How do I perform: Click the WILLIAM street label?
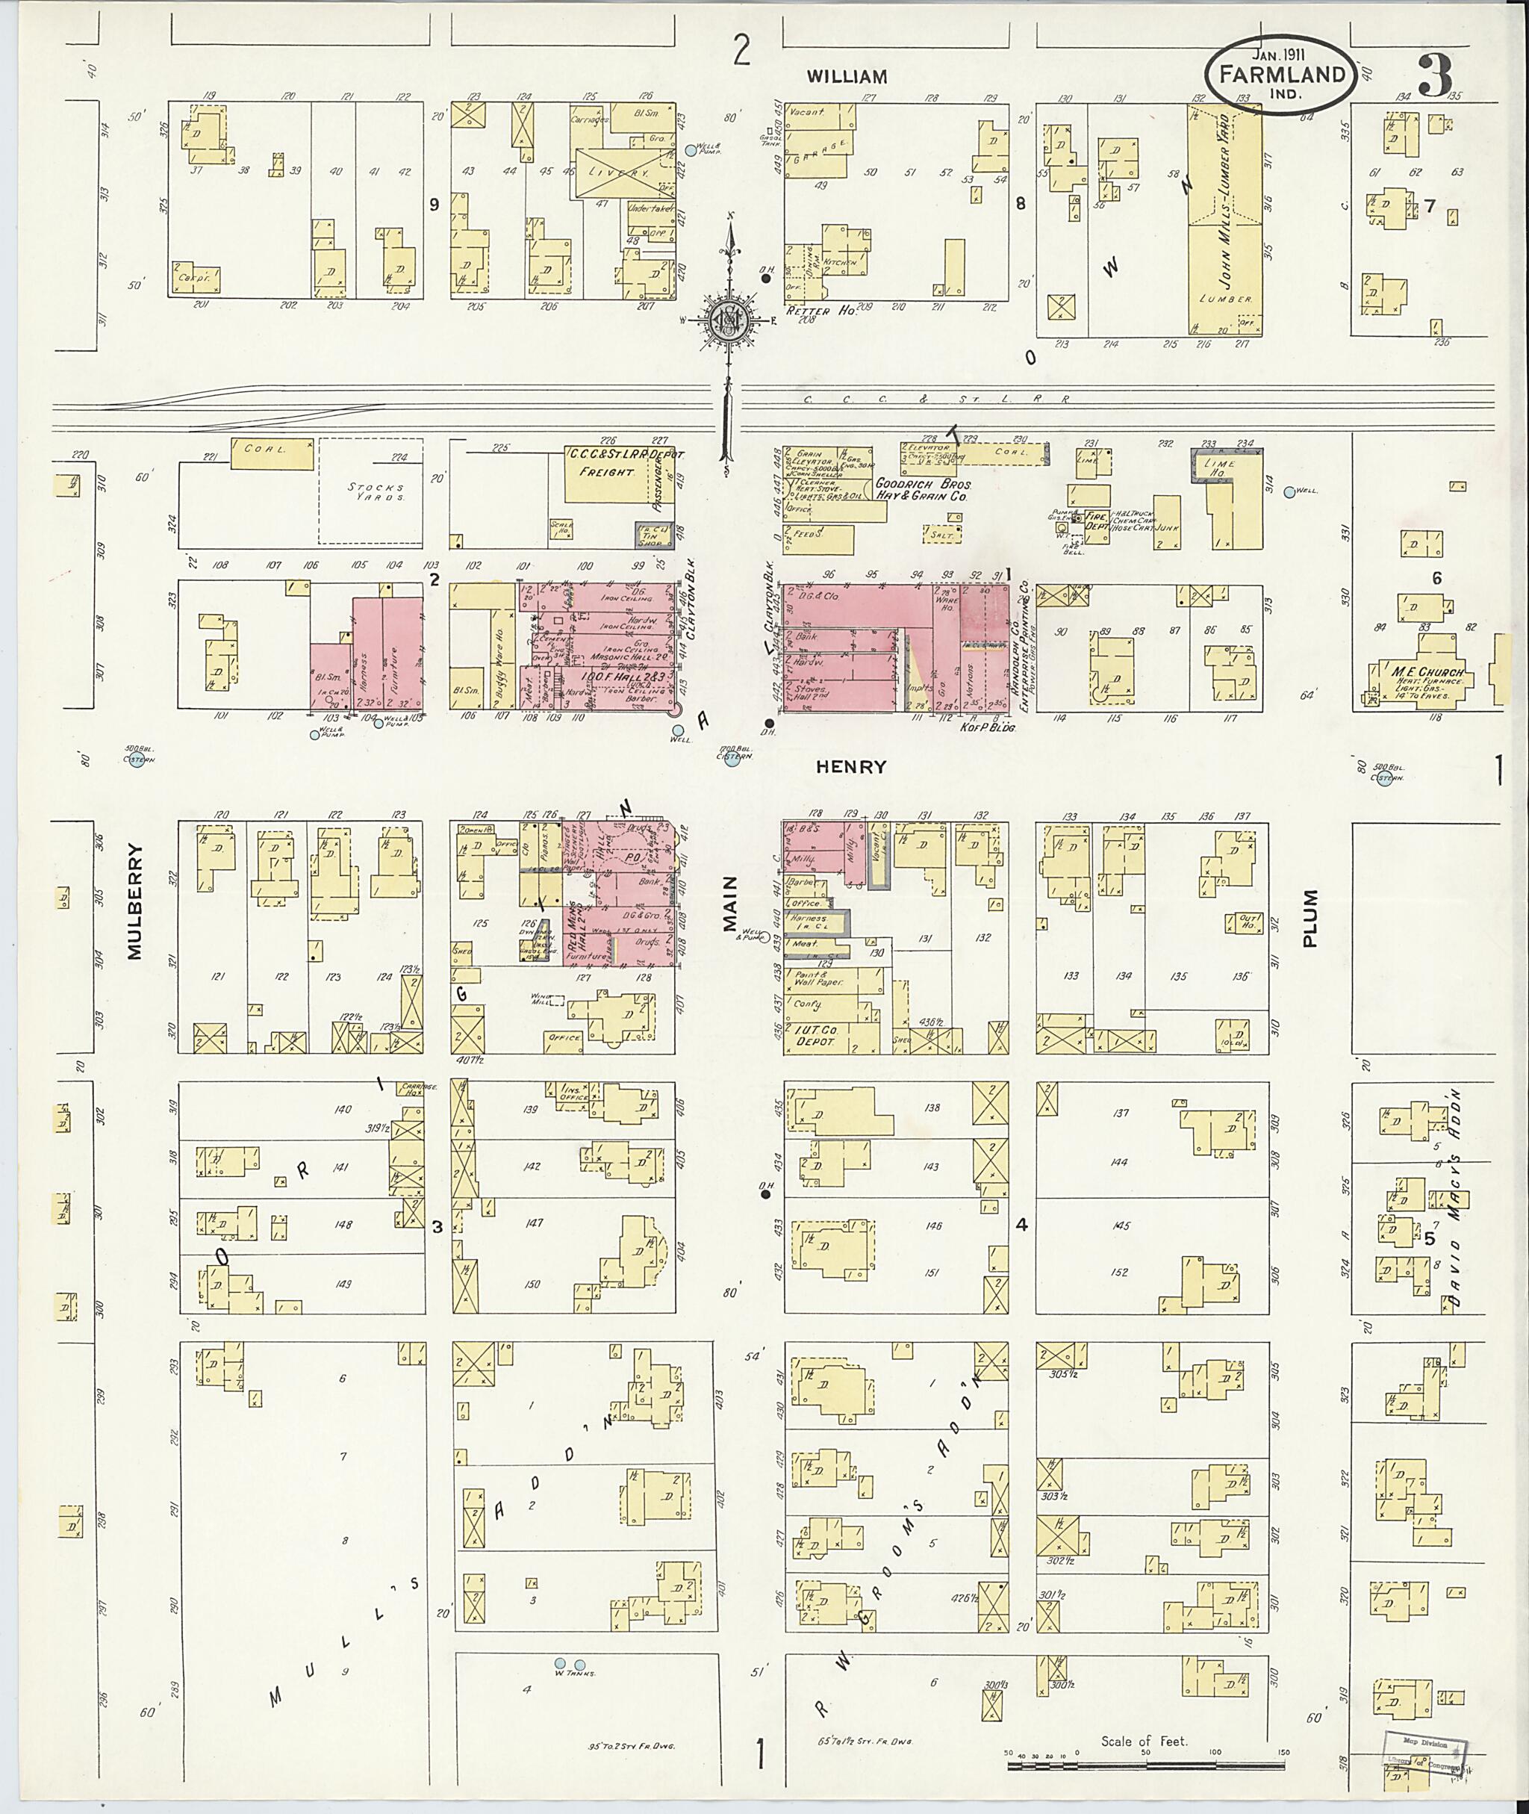(x=847, y=76)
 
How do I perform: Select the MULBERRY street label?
(x=134, y=902)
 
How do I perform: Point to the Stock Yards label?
(x=376, y=491)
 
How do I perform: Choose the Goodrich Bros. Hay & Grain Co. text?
(x=921, y=490)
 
